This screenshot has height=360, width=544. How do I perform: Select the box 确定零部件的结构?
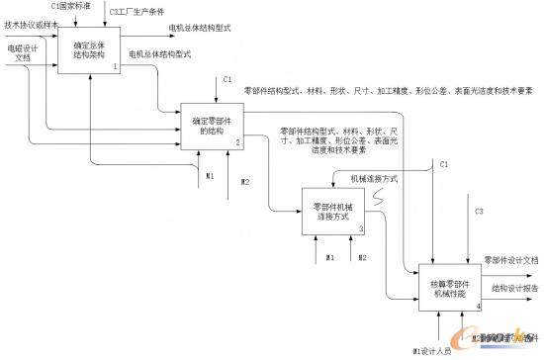pyautogui.click(x=211, y=126)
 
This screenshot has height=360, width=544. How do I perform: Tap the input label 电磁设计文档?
pyautogui.click(x=20, y=52)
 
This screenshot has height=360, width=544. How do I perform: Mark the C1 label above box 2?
pyautogui.click(x=227, y=78)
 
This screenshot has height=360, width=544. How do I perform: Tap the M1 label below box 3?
pyautogui.click(x=331, y=258)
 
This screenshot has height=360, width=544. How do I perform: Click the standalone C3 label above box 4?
pyautogui.click(x=479, y=212)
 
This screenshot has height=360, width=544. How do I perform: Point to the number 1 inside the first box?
pyautogui.click(x=115, y=66)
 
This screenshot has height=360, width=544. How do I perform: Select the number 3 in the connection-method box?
pyautogui.click(x=359, y=228)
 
